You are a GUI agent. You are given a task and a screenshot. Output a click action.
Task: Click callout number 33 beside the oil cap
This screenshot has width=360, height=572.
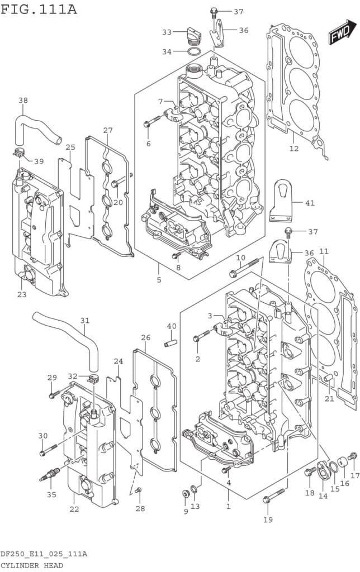click(167, 32)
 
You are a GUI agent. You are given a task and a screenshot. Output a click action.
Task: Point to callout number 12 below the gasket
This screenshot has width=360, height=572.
click(294, 149)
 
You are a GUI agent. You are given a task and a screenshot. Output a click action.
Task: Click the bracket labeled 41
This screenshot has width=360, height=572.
click(282, 202)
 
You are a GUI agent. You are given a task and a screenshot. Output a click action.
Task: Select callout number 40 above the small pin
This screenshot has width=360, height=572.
click(172, 326)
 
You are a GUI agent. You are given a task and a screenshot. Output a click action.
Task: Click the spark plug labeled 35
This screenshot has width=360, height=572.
click(50, 475)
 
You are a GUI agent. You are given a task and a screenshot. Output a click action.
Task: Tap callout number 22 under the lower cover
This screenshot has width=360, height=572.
click(74, 509)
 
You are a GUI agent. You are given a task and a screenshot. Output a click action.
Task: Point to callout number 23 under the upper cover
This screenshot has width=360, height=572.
click(21, 294)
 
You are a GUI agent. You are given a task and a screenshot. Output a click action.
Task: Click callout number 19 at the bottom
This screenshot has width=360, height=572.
click(268, 520)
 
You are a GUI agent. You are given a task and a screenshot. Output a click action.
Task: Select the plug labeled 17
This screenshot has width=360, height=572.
click(352, 457)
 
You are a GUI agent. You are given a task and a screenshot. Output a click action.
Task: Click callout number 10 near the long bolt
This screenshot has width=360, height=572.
click(240, 258)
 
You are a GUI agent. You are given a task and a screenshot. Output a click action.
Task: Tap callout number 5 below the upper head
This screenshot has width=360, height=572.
click(159, 279)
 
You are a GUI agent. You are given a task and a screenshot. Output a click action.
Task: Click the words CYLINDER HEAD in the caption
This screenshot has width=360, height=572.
click(32, 565)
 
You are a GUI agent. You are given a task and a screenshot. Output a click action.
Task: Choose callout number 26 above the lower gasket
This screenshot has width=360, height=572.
click(146, 337)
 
